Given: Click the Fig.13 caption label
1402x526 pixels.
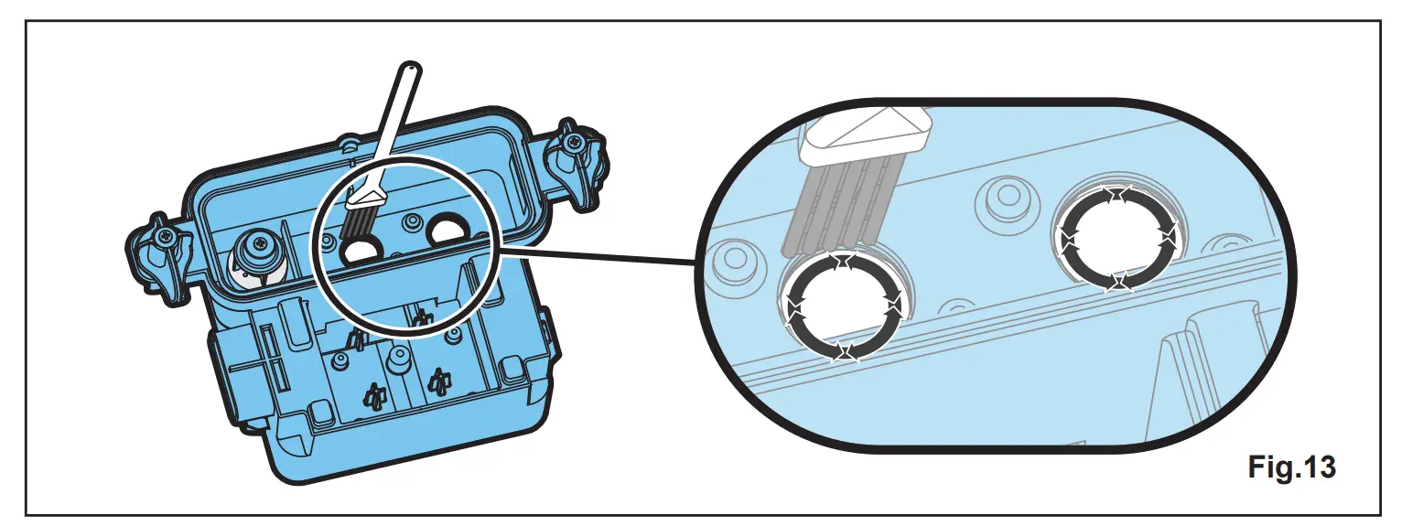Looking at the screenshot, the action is coord(1291,467).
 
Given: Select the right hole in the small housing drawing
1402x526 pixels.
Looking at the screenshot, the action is coord(448,230).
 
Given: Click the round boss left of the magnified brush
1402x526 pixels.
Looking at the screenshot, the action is coord(732,262).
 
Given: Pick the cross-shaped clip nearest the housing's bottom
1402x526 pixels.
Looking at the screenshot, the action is coord(372,396).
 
